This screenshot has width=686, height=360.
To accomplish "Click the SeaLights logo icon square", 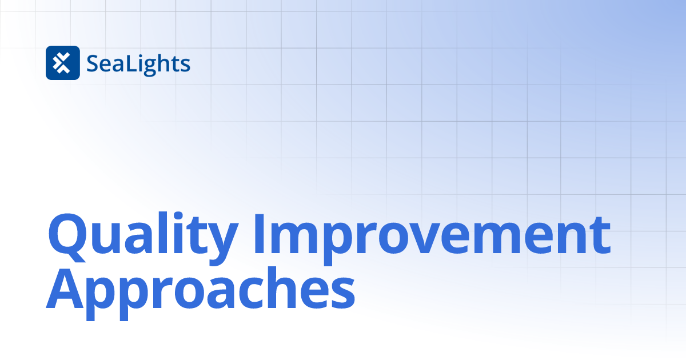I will click(x=62, y=63).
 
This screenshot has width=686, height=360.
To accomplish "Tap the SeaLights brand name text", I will click(x=138, y=64).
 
